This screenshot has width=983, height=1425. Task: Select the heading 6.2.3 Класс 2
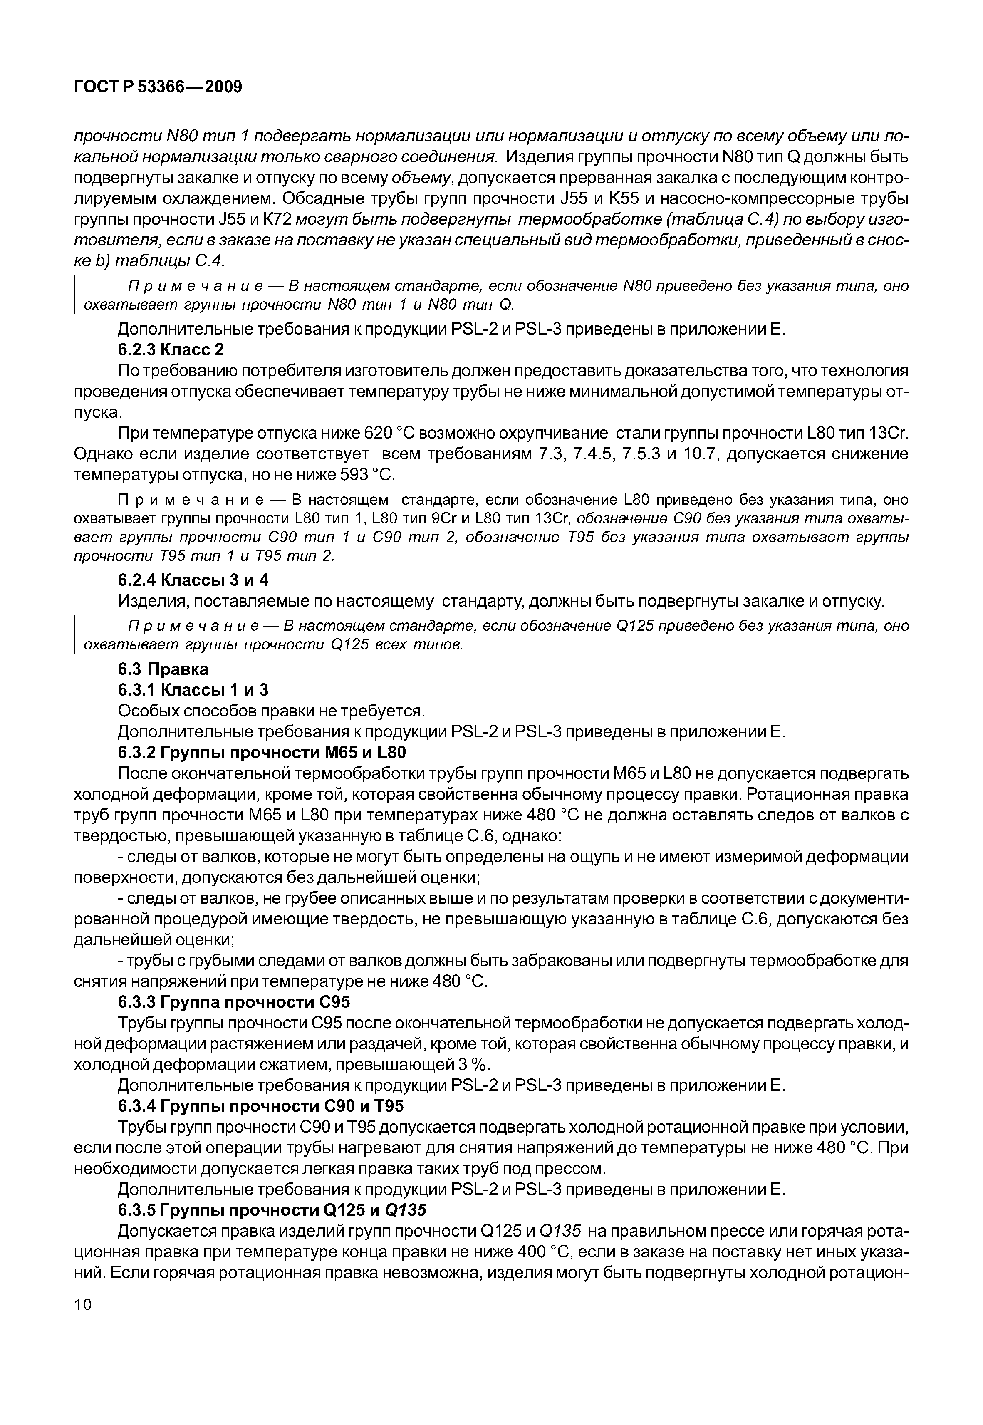click(x=171, y=350)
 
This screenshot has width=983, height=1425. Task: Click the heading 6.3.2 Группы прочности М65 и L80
click(x=262, y=753)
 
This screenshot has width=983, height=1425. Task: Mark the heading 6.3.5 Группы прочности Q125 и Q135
click(x=272, y=1211)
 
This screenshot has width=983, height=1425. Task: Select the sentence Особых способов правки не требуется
click(x=271, y=711)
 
